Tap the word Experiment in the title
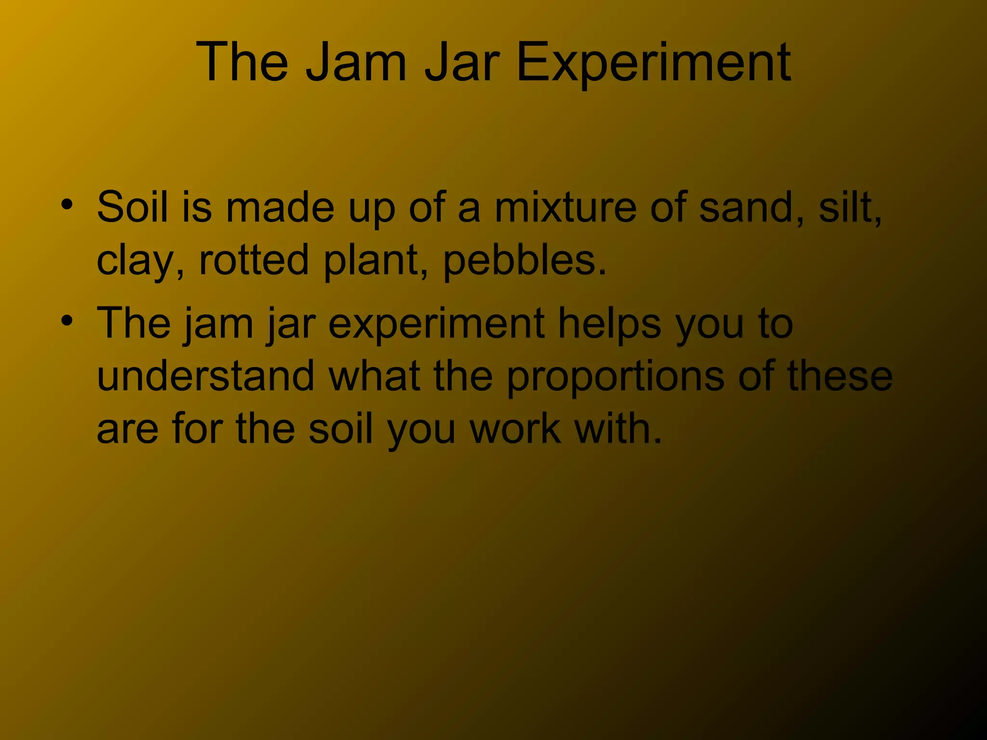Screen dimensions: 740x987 pos(653,63)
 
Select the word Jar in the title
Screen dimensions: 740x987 pos(462,63)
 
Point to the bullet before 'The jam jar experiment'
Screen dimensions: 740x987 pos(67,320)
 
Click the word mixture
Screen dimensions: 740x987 pos(565,207)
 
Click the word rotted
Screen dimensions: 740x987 pos(253,260)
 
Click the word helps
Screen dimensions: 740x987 pos(610,324)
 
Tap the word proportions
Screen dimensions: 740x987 pos(615,377)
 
